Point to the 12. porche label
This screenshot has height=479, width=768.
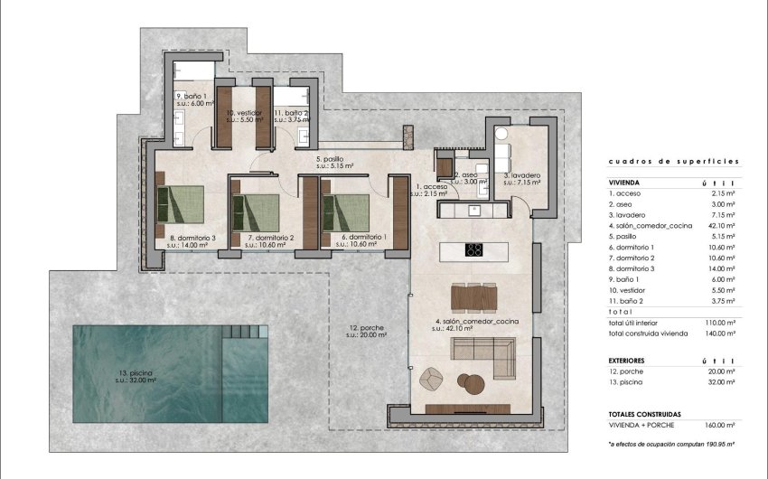(x=367, y=331)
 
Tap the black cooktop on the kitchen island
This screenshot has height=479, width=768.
(x=474, y=250)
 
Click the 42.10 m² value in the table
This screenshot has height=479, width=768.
(x=719, y=227)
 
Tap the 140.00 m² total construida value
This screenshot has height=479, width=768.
(x=719, y=333)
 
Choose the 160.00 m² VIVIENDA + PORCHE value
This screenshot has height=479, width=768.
(x=719, y=424)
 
